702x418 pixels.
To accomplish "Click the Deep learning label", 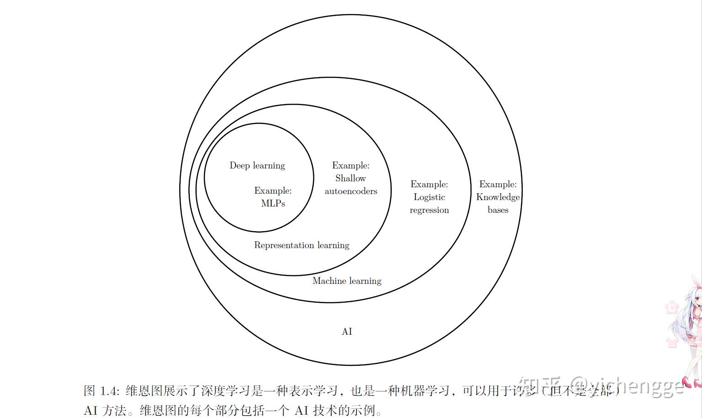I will pyautogui.click(x=257, y=165).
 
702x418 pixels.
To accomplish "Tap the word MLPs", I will pyautogui.click(x=273, y=203).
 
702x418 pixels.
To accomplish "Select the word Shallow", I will pyautogui.click(x=351, y=178).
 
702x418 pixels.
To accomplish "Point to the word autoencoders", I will pyautogui.click(x=351, y=191).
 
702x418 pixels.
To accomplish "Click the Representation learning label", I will pyautogui.click(x=301, y=245).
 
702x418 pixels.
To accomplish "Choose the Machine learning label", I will pyautogui.click(x=347, y=281).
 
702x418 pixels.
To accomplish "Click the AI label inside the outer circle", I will pyautogui.click(x=347, y=331).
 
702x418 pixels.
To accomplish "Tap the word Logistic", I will pyautogui.click(x=429, y=197).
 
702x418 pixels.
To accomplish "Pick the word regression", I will pyautogui.click(x=429, y=210).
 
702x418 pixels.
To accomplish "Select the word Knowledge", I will pyautogui.click(x=498, y=197).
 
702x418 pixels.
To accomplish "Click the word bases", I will pyautogui.click(x=498, y=210).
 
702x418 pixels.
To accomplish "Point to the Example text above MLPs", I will pyautogui.click(x=273, y=190).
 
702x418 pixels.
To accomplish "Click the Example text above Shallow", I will pyautogui.click(x=351, y=165).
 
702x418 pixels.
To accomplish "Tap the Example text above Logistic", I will pyautogui.click(x=429, y=184).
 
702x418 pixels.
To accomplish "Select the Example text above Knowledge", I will pyautogui.click(x=498, y=184).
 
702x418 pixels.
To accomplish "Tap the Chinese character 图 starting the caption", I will pyautogui.click(x=89, y=391).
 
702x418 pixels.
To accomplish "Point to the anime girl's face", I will pyautogui.click(x=697, y=300).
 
